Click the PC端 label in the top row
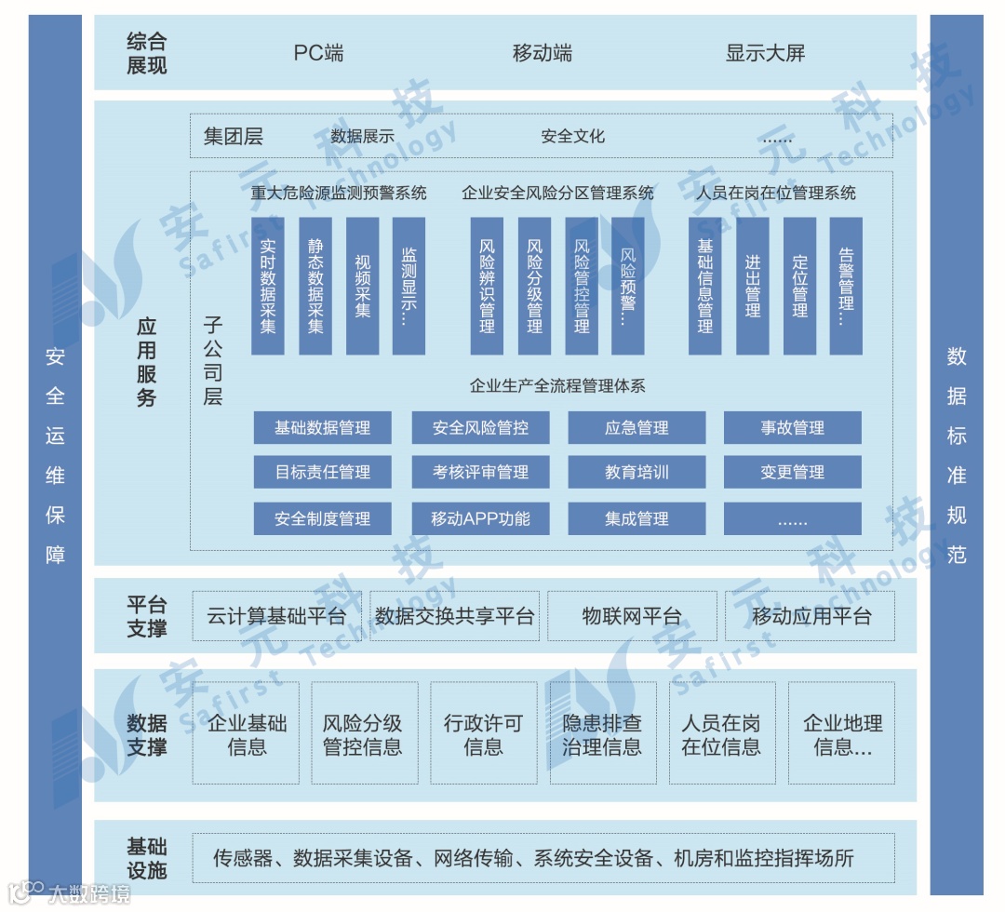pyautogui.click(x=318, y=53)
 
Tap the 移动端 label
pyautogui.click(x=543, y=53)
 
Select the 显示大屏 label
pyautogui.click(x=765, y=53)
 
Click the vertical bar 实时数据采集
pyautogui.click(x=268, y=286)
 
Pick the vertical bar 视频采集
pyautogui.click(x=362, y=286)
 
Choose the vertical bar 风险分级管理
pyautogui.click(x=534, y=286)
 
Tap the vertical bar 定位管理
pyautogui.click(x=799, y=286)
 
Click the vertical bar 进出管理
pyautogui.click(x=753, y=286)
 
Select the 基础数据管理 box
pyautogui.click(x=322, y=428)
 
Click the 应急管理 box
pyautogui.click(x=636, y=428)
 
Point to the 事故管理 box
pyautogui.click(x=792, y=428)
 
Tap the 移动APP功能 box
pyautogui.click(x=480, y=518)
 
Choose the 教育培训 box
pyautogui.click(x=636, y=473)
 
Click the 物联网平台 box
pyautogui.click(x=632, y=616)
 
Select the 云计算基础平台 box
pyautogui.click(x=276, y=616)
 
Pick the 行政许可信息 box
pyautogui.click(x=483, y=734)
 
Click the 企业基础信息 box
pyautogui.click(x=247, y=734)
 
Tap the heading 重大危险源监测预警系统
pyautogui.click(x=339, y=194)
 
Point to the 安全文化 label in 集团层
pyautogui.click(x=573, y=136)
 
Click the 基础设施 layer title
pyautogui.click(x=146, y=858)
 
